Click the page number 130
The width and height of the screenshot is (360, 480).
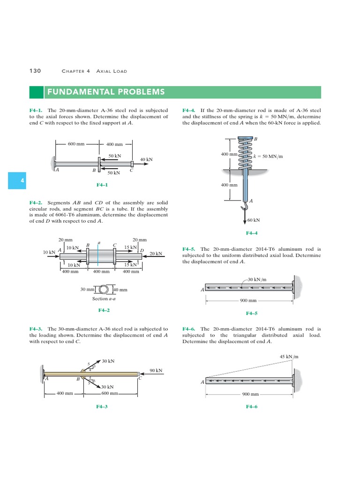point(35,71)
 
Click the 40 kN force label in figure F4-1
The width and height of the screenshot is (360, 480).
point(146,159)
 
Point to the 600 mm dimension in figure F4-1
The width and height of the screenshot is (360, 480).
point(76,144)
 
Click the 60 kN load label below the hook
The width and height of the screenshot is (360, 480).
point(254,219)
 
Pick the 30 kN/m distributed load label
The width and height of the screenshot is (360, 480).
point(257,279)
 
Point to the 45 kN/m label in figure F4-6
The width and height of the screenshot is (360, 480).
point(289,357)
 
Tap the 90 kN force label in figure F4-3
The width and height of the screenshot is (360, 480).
point(156,370)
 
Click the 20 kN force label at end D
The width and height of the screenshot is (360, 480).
point(156,254)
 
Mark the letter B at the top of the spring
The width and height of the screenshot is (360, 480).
point(255,139)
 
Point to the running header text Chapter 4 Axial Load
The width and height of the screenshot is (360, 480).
point(94,71)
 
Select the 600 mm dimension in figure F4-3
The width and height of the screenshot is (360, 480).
point(110,393)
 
